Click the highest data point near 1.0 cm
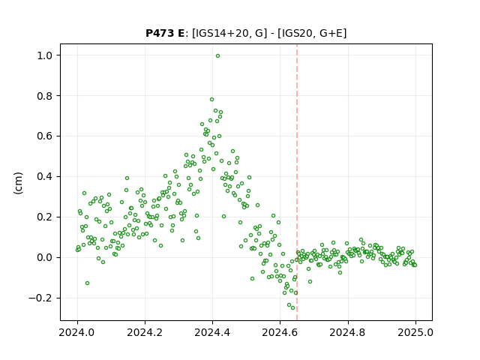217,56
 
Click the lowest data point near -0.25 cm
293,308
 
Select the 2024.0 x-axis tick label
77,332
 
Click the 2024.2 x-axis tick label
145,332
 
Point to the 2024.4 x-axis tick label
212,332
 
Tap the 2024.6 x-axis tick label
280,332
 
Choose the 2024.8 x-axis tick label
348,332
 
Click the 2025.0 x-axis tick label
415,332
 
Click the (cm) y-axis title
18,183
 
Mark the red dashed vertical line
297,182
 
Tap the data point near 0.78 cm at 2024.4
211,100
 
